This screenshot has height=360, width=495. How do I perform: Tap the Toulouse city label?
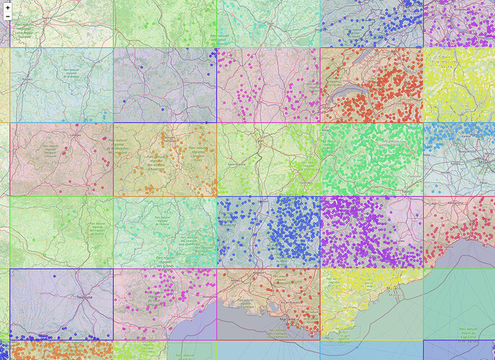click(84, 297)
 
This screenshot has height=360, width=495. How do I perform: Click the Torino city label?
click(409, 192)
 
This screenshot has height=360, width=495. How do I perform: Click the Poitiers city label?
click(30, 78)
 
